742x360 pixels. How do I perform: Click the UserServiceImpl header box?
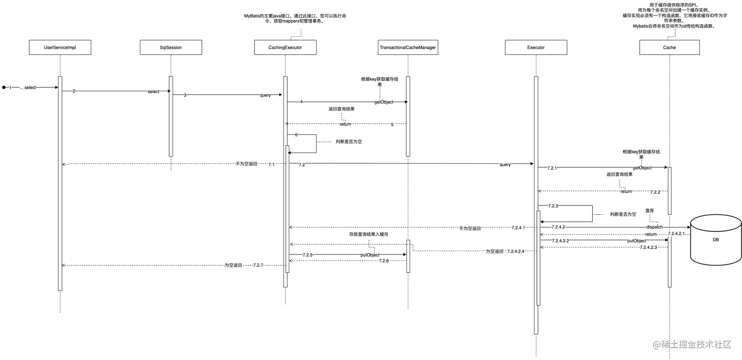click(x=60, y=48)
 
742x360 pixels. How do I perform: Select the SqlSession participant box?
click(x=171, y=48)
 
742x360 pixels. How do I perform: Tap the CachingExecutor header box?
click(x=285, y=48)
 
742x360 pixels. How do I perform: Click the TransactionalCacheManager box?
click(x=408, y=48)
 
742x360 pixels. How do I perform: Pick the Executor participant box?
click(x=536, y=48)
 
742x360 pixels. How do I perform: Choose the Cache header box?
click(x=669, y=48)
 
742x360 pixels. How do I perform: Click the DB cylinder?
click(x=716, y=240)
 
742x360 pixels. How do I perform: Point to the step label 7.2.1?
click(x=553, y=168)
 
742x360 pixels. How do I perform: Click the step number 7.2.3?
click(x=553, y=206)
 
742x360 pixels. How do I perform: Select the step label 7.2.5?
click(x=307, y=255)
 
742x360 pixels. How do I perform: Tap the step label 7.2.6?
click(x=384, y=261)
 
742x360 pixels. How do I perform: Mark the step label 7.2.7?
click(x=259, y=265)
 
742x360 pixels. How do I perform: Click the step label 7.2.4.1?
click(x=518, y=228)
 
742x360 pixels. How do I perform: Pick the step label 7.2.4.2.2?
click(x=560, y=241)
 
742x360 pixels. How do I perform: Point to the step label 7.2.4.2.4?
click(x=516, y=251)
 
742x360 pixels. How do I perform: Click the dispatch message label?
click(x=655, y=228)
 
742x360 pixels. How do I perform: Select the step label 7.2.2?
click(x=655, y=192)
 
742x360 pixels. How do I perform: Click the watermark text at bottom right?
click(x=691, y=344)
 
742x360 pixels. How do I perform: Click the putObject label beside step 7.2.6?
click(x=370, y=255)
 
